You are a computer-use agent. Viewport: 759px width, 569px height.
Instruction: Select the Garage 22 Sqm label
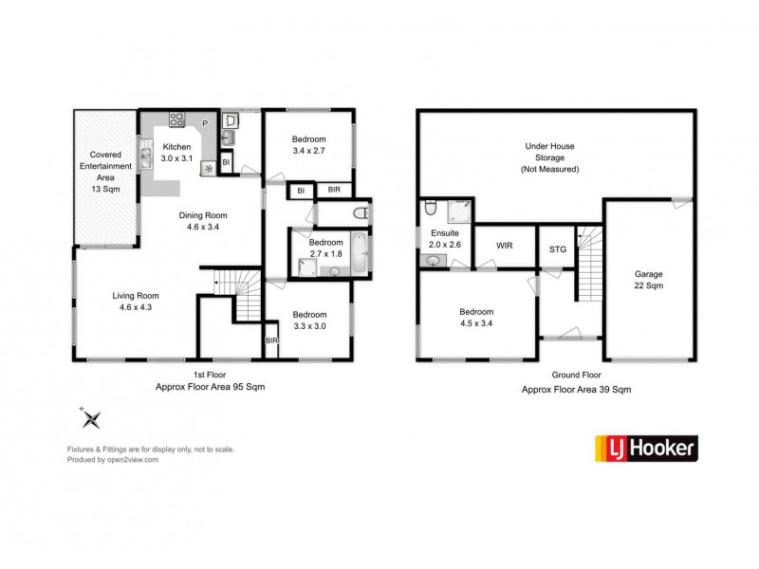pyautogui.click(x=649, y=279)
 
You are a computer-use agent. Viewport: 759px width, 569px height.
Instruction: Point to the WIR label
pyautogui.click(x=505, y=246)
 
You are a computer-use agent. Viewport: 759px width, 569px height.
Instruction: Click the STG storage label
pyautogui.click(x=558, y=250)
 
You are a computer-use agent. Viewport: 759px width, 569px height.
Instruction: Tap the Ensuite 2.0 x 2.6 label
pyautogui.click(x=444, y=239)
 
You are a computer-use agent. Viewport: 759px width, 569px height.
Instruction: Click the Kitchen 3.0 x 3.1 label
pyautogui.click(x=176, y=153)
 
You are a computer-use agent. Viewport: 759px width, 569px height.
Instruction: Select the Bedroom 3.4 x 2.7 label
pyautogui.click(x=309, y=145)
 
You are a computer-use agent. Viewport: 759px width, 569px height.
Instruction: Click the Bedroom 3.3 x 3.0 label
pyautogui.click(x=309, y=321)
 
